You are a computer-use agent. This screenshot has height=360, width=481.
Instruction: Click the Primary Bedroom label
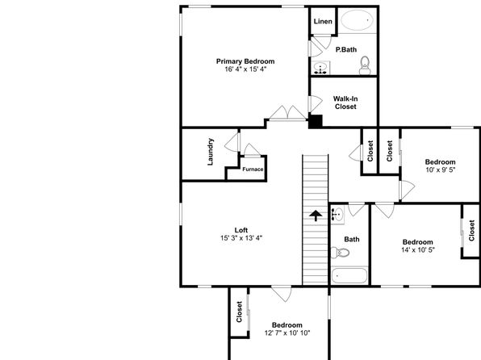tap(245, 61)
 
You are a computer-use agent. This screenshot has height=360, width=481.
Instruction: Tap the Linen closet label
tap(323, 22)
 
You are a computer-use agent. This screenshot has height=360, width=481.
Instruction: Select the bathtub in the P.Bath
tap(358, 20)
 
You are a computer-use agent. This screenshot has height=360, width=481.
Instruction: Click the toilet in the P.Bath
tap(365, 65)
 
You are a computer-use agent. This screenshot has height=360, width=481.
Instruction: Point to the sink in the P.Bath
tap(321, 68)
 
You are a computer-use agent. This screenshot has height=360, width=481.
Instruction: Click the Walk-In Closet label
tap(345, 103)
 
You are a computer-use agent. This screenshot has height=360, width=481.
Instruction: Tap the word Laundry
tap(211, 152)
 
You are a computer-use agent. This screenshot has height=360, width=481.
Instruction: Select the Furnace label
tap(253, 170)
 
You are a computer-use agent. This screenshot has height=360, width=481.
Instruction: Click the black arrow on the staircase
tap(316, 216)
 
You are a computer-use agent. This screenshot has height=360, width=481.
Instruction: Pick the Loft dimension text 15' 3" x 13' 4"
tap(241, 238)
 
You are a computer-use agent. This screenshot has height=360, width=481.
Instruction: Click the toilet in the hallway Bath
tap(341, 253)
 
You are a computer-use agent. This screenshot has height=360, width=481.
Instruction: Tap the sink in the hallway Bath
tap(337, 214)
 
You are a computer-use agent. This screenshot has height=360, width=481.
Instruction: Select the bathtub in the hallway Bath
tap(349, 275)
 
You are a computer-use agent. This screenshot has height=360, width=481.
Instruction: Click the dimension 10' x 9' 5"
tap(440, 170)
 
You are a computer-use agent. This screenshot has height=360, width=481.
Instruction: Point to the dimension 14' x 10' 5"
tap(418, 250)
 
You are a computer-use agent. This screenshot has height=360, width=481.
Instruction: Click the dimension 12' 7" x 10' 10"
tap(287, 333)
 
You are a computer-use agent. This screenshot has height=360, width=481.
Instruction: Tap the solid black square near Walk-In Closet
tap(316, 122)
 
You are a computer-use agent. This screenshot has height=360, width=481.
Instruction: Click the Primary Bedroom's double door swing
tap(288, 113)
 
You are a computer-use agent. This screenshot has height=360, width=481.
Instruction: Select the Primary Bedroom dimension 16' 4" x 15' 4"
tap(245, 69)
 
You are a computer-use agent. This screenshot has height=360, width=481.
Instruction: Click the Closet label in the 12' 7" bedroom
tap(239, 312)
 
